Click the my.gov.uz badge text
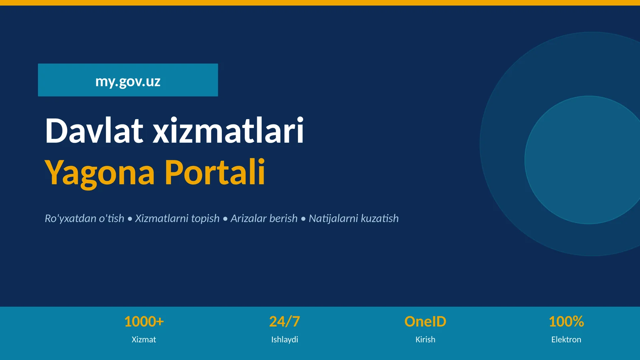tap(128, 81)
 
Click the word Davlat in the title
tap(94, 130)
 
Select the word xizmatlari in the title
tap(228, 130)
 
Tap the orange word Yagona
tap(100, 172)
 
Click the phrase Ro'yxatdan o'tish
tap(84, 218)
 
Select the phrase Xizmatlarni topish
tap(177, 218)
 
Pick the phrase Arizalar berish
tap(264, 218)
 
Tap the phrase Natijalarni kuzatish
tap(354, 218)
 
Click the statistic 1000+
tap(144, 322)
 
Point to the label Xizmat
tap(144, 340)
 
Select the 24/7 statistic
tap(284, 322)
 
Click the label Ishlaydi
tap(284, 340)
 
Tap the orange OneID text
tap(425, 322)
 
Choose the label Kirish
tap(425, 340)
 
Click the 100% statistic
tap(566, 322)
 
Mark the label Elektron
tap(566, 340)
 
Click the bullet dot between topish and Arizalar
tap(225, 219)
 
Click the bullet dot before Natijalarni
tap(303, 219)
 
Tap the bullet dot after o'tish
tap(130, 219)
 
